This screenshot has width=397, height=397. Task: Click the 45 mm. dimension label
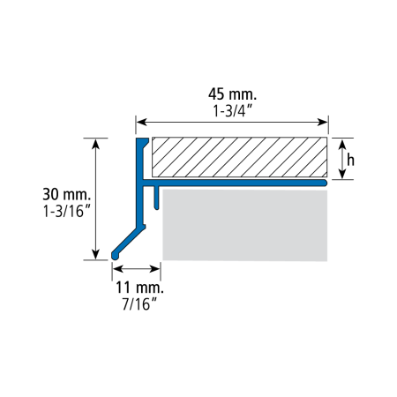tap(232, 94)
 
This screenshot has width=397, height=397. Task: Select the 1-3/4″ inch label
tap(233, 111)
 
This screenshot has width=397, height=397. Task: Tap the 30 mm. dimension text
tap(67, 194)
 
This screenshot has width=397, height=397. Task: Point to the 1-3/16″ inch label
tap(66, 211)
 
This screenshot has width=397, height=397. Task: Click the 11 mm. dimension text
tap(139, 288)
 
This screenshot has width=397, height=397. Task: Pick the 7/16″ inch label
tap(139, 303)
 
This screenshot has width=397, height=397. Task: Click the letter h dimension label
tap(350, 161)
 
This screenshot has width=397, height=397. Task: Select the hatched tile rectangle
tap(239, 157)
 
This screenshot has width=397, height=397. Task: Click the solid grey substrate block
tap(245, 225)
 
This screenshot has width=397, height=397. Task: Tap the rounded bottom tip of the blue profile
tap(115, 256)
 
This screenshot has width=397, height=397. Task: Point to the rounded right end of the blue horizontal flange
tap(324, 183)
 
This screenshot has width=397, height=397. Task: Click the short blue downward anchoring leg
tap(156, 198)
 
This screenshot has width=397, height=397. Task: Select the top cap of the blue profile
tap(142, 140)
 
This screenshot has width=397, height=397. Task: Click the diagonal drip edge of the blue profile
tap(129, 242)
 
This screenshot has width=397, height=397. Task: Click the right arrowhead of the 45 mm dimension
tap(322, 122)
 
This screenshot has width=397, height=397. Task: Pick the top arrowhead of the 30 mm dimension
tap(95, 144)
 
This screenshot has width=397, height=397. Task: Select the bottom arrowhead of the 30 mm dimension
tap(95, 254)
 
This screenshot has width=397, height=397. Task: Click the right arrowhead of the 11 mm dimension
tap(155, 268)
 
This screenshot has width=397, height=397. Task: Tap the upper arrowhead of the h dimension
tap(342, 145)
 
